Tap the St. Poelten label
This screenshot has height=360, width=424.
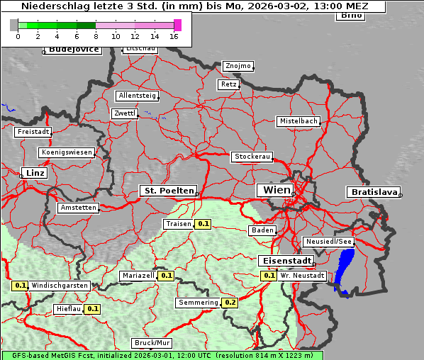click(x=167, y=191)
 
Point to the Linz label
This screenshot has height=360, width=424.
click(x=33, y=173)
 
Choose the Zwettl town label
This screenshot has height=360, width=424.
click(x=125, y=113)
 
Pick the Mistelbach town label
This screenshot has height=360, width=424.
click(x=299, y=121)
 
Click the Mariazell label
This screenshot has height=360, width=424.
click(x=138, y=275)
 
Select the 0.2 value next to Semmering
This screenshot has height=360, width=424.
click(x=230, y=303)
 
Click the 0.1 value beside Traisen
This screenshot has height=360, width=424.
click(x=203, y=224)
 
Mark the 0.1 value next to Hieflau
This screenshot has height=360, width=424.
click(x=93, y=309)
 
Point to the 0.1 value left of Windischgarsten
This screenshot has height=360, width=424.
click(x=20, y=286)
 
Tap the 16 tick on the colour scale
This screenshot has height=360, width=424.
click(x=174, y=35)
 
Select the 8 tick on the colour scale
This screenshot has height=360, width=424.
click(x=96, y=35)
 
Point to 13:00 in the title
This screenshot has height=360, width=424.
click(x=320, y=6)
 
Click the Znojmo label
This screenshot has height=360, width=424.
click(x=238, y=66)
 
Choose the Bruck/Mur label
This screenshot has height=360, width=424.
click(x=152, y=343)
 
